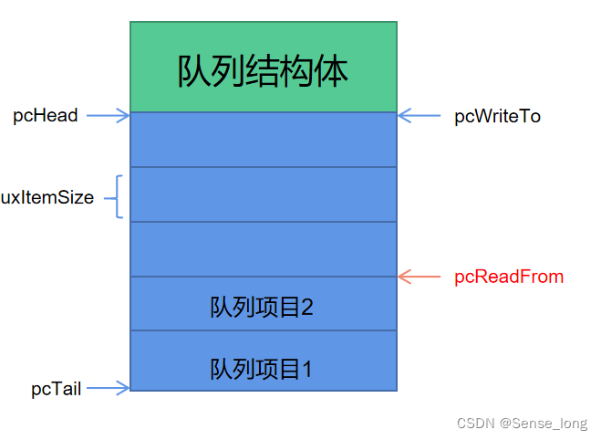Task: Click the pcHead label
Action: (45, 116)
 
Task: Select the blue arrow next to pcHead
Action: (110, 116)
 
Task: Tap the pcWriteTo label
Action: (497, 117)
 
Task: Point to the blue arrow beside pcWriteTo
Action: (420, 116)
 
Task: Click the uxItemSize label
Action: (47, 197)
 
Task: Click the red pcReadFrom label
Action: (508, 277)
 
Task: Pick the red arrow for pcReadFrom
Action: (420, 276)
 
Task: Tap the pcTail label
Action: (56, 389)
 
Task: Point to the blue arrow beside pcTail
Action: (110, 389)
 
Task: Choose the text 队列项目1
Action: (262, 369)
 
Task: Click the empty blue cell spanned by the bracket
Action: (263, 194)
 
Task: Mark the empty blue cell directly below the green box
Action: (263, 140)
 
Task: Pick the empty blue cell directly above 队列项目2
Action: (263, 249)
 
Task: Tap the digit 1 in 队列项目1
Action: (307, 369)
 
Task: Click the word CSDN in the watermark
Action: (475, 424)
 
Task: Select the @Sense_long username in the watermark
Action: (543, 424)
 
